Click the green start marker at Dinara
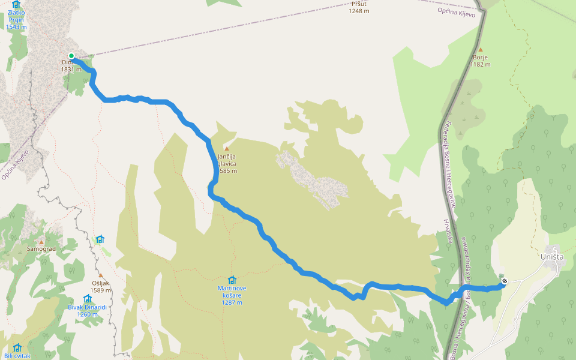71,56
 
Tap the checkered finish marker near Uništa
505,281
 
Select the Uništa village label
552,257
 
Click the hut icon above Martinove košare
232,280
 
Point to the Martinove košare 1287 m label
232,295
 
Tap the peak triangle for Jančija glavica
227,148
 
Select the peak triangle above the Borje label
480,50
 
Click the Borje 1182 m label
480,61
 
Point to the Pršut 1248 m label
359,7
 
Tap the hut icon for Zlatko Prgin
16,5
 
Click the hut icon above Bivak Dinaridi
88,298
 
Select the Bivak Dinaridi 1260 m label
88,310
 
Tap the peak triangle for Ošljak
101,275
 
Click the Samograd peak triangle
41,241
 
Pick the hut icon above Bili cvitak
17,347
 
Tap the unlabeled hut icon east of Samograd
100,239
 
